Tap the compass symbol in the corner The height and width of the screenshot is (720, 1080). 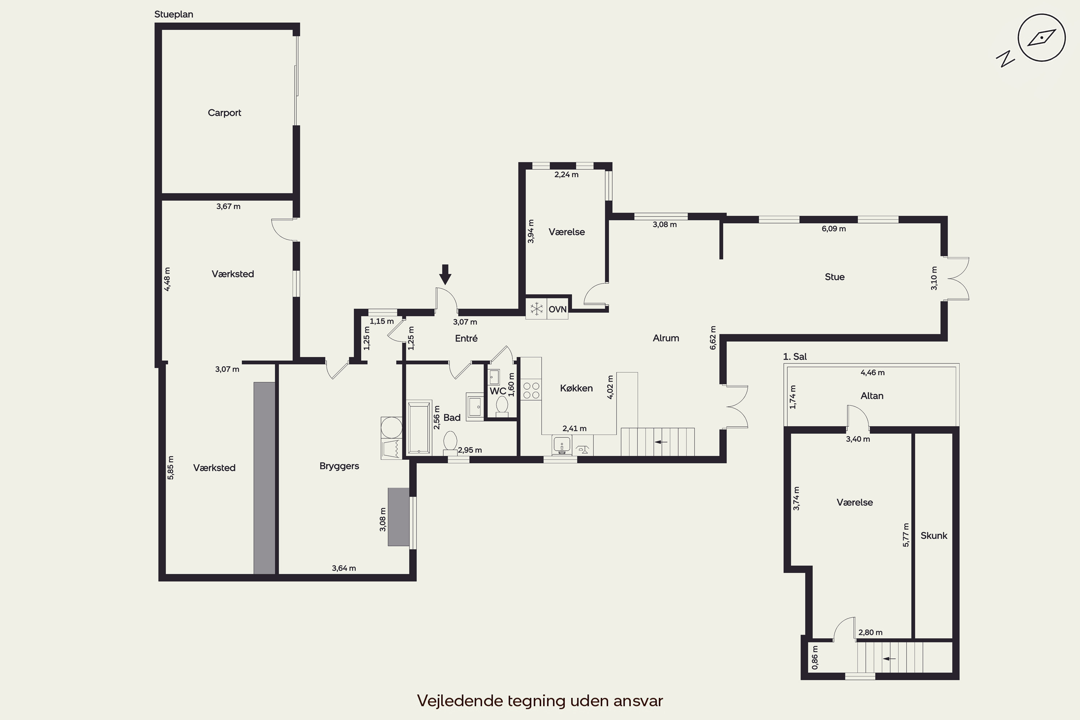point(1041,38)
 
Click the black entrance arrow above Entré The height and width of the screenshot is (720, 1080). point(445,274)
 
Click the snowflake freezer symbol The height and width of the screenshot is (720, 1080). point(536,309)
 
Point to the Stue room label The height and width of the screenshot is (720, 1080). point(834,277)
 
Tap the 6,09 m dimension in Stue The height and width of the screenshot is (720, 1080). point(833,229)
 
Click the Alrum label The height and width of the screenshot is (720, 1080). point(666,338)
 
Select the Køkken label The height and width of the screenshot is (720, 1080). point(576,388)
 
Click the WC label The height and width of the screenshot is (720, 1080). point(498,391)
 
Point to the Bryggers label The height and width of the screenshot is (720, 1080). point(339,467)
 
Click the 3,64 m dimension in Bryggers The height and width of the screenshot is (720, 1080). point(344,568)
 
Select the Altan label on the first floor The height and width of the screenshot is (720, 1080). point(872,396)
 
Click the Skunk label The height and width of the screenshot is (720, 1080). point(933,535)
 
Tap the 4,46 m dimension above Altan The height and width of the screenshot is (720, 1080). point(872,372)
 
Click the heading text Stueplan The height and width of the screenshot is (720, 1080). point(174,14)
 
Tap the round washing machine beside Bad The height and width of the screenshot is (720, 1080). point(392,427)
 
